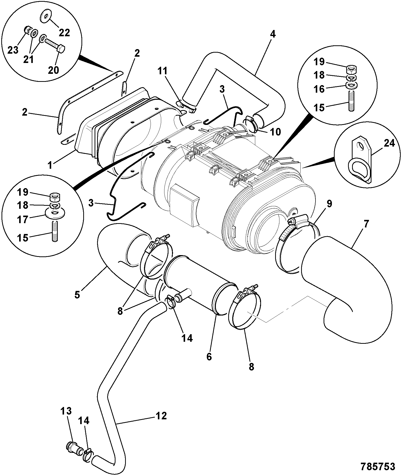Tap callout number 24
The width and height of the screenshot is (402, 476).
390,144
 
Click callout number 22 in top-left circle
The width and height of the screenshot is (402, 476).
64,32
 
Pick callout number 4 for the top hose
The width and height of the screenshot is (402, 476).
273,34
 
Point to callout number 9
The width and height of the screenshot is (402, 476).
329,204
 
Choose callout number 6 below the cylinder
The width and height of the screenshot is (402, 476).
209,357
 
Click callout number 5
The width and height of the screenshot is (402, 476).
77,294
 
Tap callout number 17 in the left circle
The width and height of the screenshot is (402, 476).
23,219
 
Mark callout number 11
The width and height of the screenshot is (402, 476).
163,71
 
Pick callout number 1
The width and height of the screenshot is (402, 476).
51,165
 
